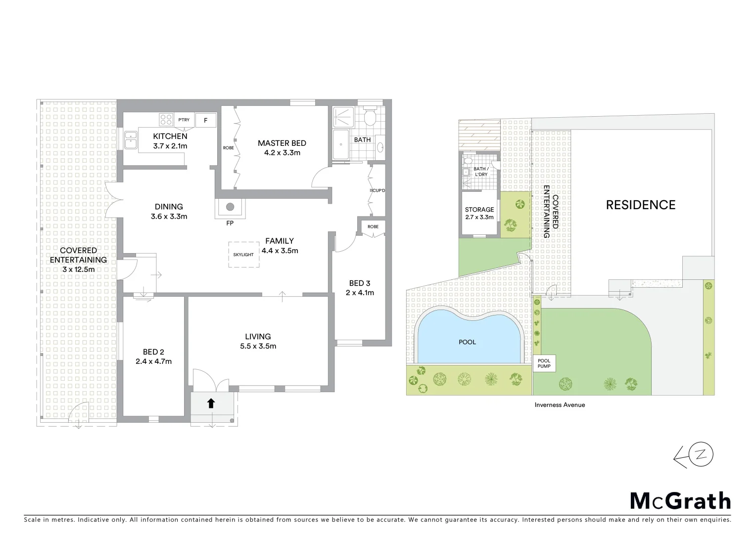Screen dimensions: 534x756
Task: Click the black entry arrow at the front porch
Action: point(211,403)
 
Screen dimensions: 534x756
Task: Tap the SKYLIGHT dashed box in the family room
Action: point(244,255)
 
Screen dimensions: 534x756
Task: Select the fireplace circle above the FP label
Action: point(230,207)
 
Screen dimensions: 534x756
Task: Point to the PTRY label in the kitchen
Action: point(184,120)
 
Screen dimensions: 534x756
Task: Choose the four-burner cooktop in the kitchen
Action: point(166,120)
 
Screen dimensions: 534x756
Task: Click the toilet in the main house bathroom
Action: point(369,118)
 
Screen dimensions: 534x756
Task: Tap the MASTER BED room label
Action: point(282,143)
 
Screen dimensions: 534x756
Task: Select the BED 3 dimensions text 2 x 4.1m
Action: point(360,293)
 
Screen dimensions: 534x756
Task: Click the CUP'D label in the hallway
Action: point(378,190)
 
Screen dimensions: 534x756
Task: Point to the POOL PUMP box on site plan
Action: point(544,363)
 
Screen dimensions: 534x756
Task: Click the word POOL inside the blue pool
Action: point(467,342)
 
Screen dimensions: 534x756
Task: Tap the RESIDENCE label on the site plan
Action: point(641,205)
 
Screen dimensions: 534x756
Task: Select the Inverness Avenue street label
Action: point(560,405)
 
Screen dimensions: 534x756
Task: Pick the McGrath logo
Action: point(680,501)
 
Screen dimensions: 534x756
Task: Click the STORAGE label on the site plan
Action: point(479,210)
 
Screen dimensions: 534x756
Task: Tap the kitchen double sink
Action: point(131,139)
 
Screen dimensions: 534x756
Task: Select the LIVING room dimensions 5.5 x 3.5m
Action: point(258,346)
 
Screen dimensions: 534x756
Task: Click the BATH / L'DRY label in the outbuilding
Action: point(480,172)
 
